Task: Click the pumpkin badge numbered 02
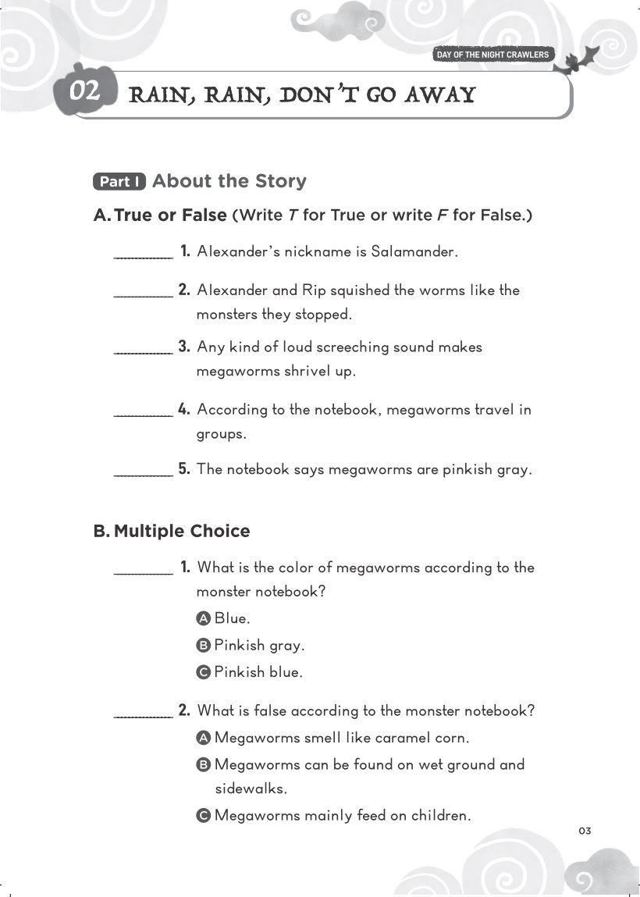(84, 91)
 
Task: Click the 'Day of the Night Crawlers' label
(492, 55)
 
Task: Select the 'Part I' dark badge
(119, 182)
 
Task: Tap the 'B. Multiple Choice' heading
(172, 531)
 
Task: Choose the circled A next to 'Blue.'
(204, 618)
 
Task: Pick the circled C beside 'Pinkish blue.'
(204, 672)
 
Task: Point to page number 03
(585, 831)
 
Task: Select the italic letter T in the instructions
(293, 215)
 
